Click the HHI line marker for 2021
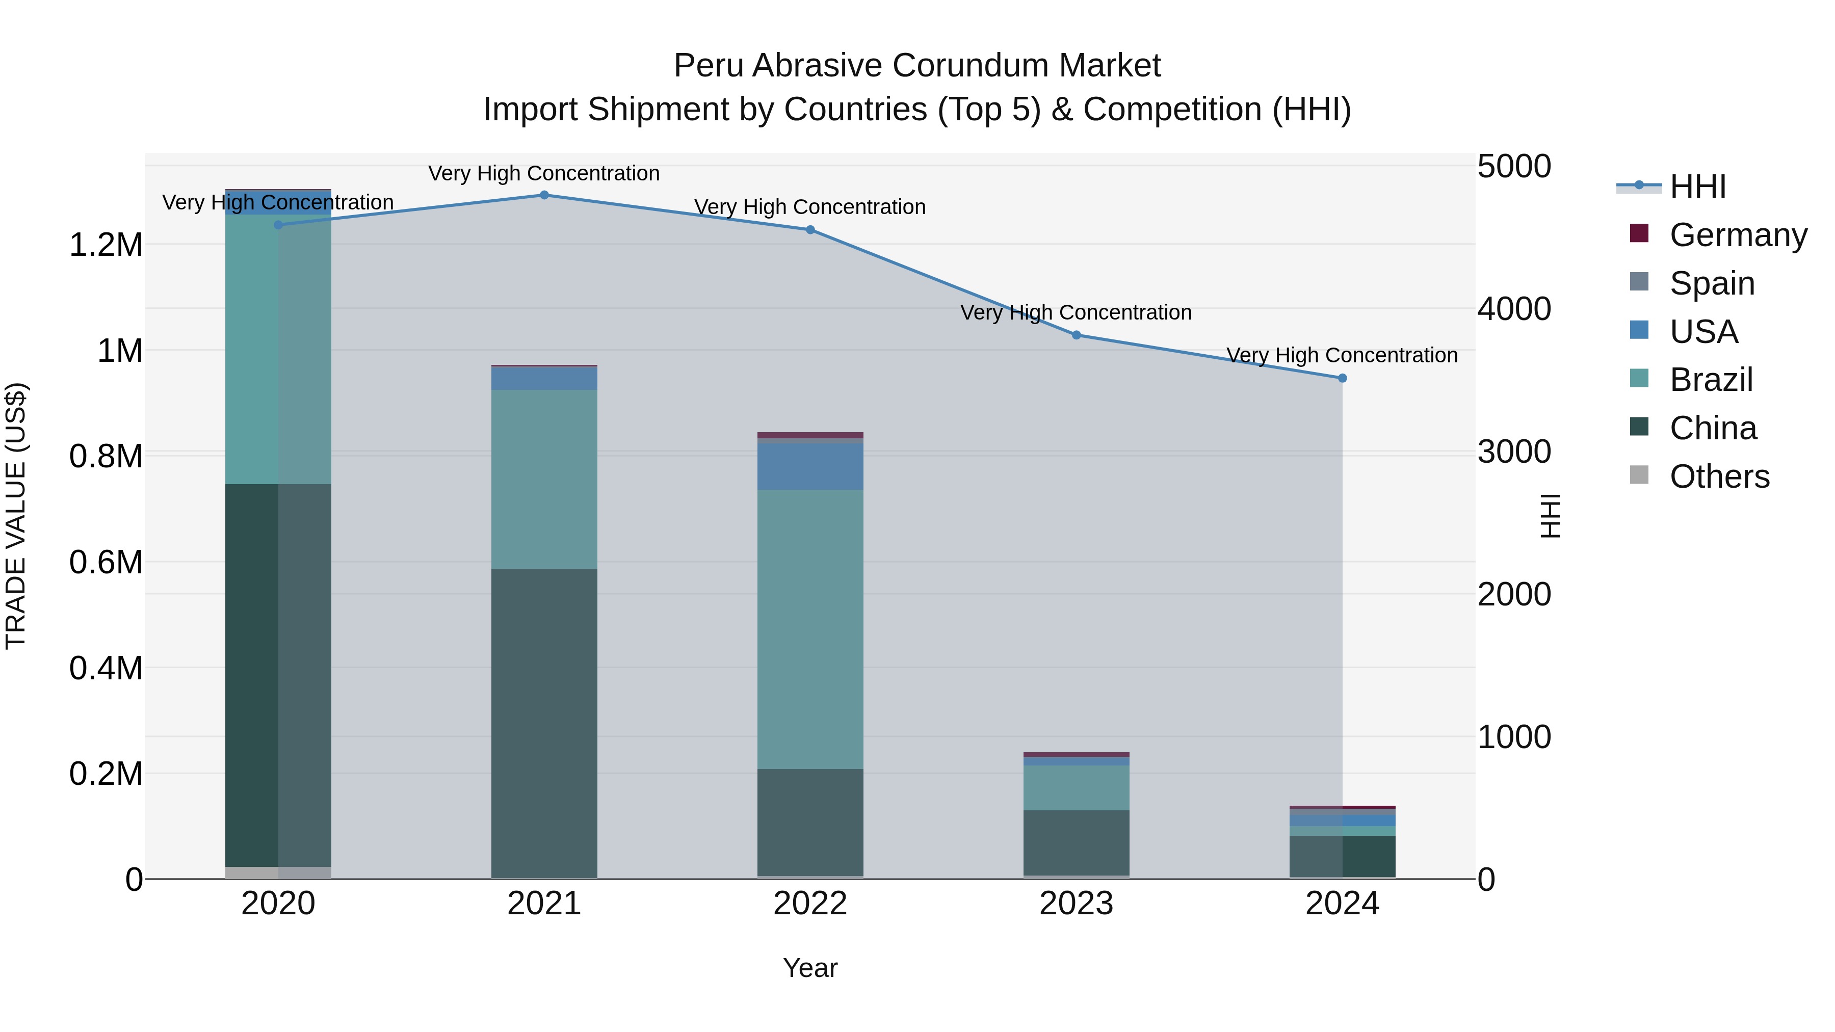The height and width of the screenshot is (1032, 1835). click(544, 195)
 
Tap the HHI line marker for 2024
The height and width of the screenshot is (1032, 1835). click(1342, 378)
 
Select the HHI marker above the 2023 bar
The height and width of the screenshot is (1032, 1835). click(1077, 335)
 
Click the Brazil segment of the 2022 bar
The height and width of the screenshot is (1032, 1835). click(810, 629)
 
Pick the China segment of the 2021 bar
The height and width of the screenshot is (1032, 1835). click(544, 723)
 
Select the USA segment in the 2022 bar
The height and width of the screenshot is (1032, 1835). click(810, 466)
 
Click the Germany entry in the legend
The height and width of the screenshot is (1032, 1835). click(1738, 235)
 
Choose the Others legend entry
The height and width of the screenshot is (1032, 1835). click(1719, 477)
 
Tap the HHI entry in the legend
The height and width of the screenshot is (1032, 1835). click(1697, 187)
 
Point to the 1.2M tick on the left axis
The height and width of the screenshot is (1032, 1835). click(106, 245)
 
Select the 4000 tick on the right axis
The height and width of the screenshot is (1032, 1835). click(1514, 309)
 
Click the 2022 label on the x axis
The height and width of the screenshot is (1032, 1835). click(810, 904)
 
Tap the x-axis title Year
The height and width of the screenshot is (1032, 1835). click(810, 968)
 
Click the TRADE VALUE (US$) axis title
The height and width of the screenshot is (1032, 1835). click(16, 516)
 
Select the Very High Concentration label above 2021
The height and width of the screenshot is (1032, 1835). click(544, 173)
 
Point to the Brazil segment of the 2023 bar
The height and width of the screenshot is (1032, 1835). click(1077, 788)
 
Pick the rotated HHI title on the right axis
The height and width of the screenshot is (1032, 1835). click(1550, 516)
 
